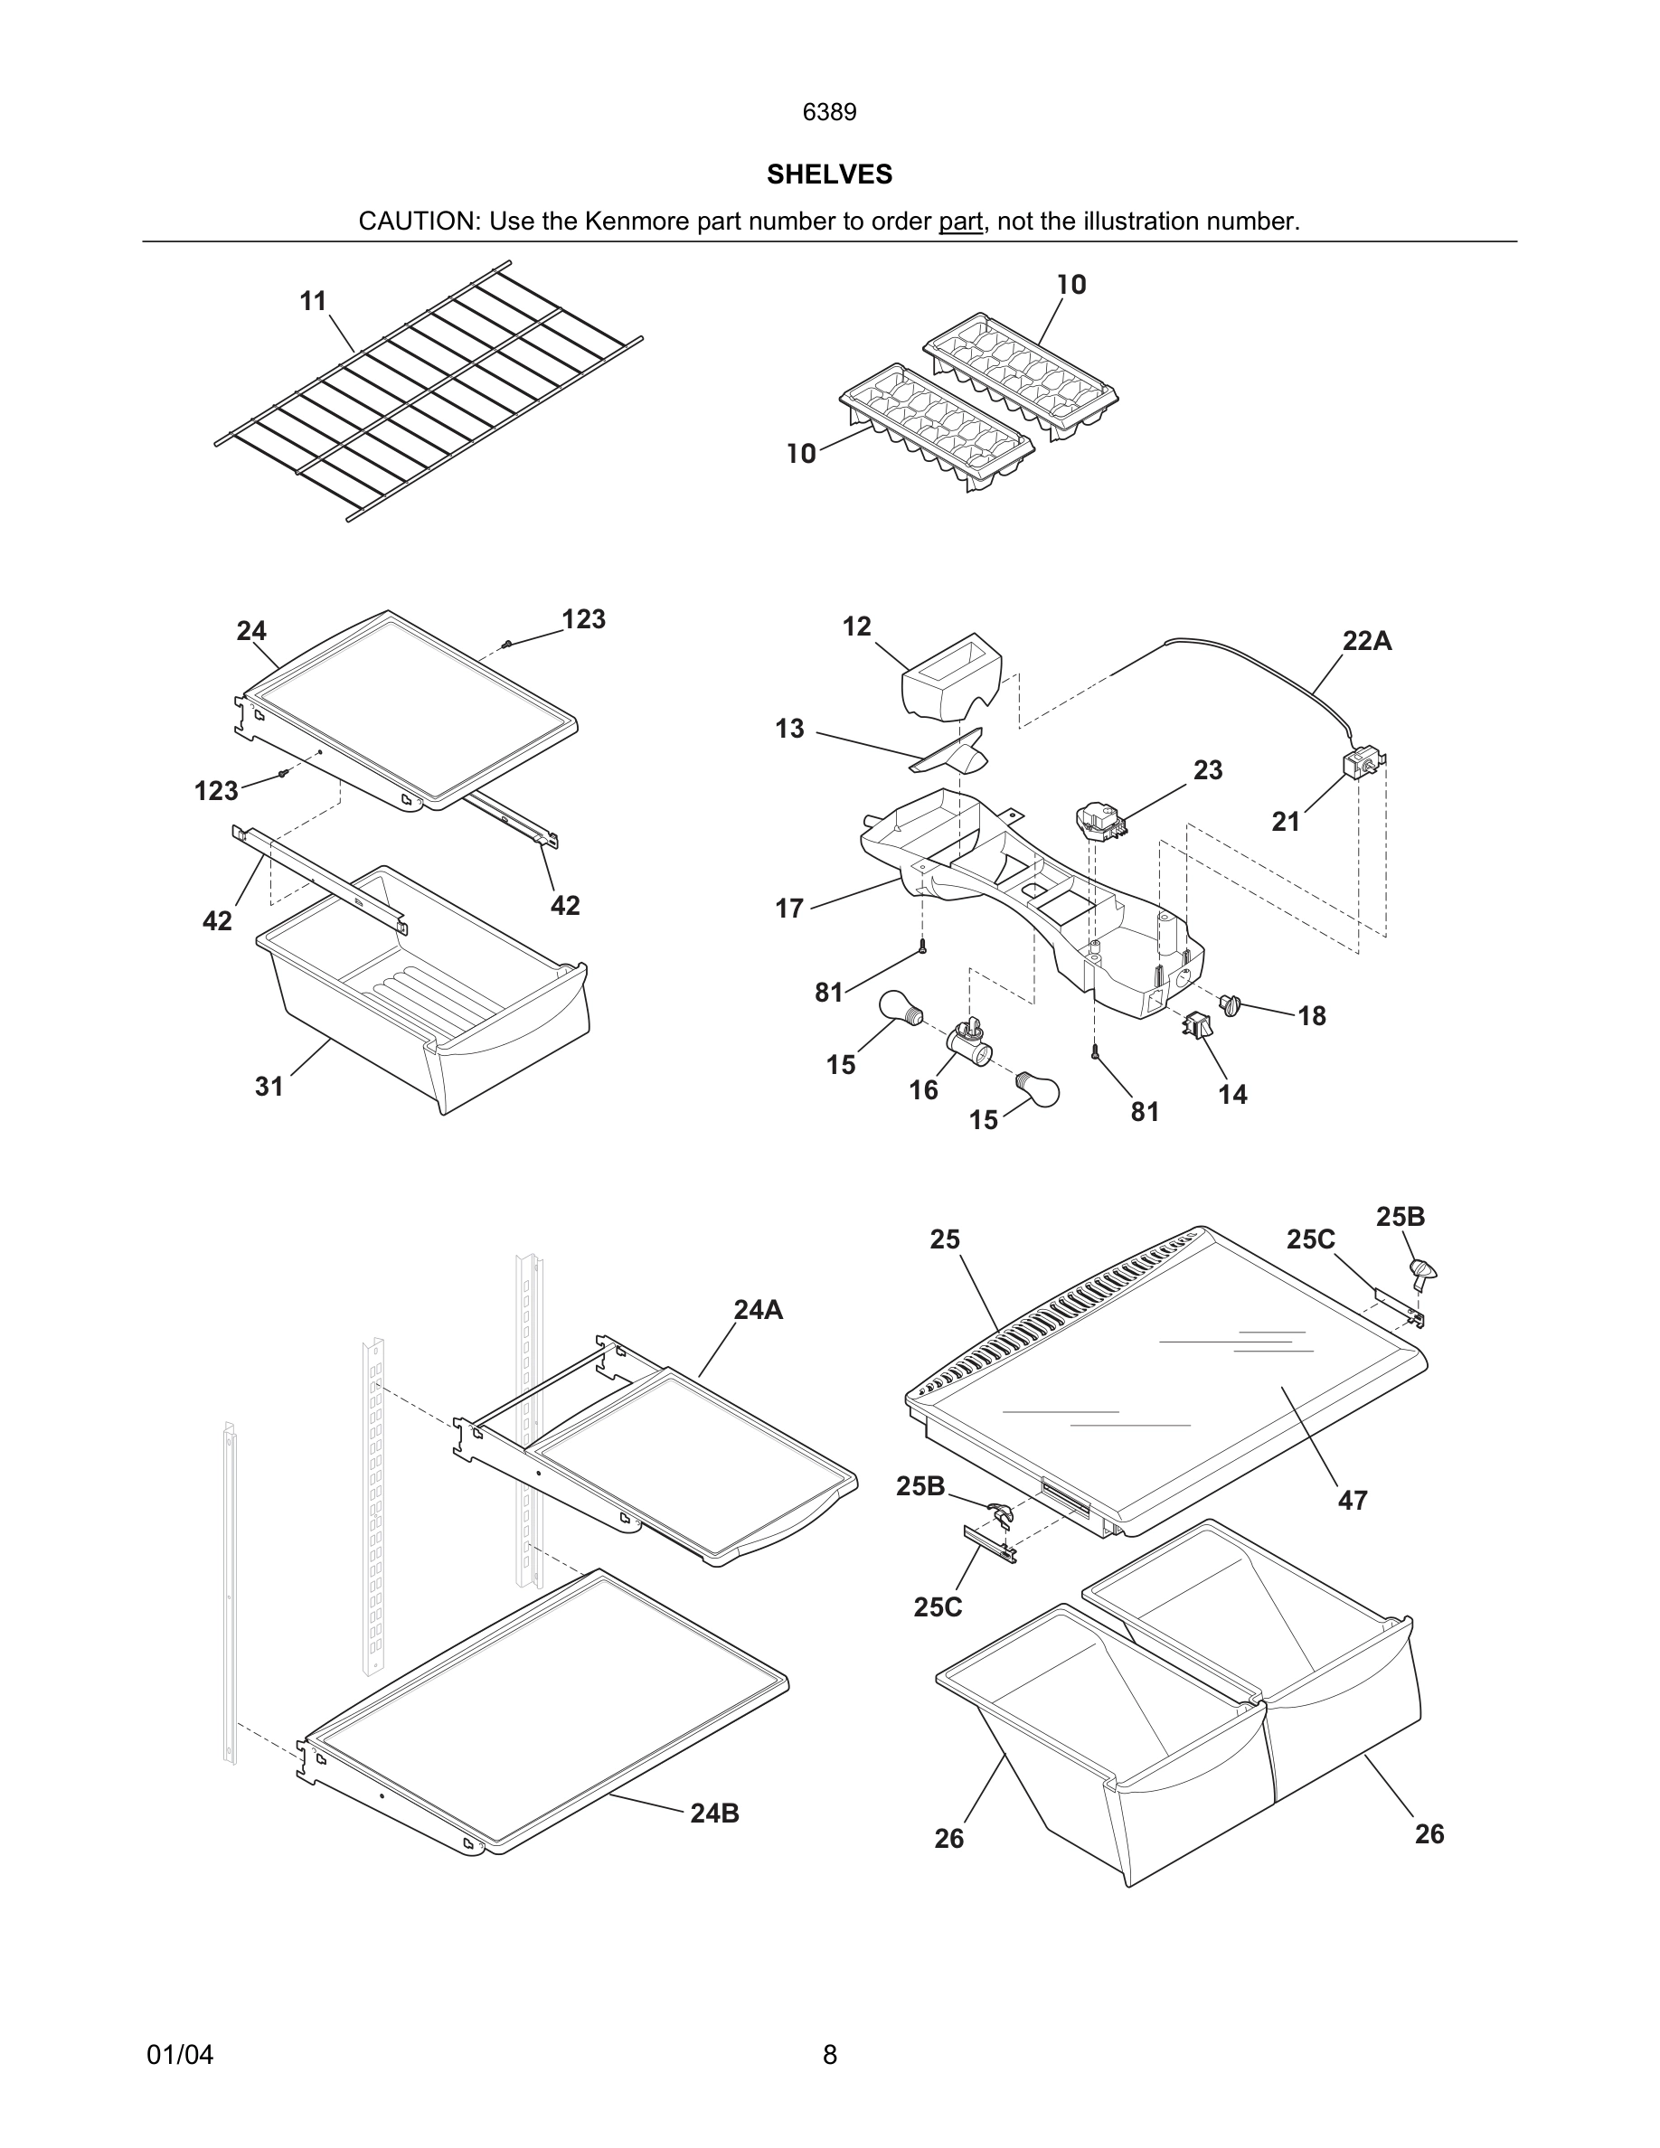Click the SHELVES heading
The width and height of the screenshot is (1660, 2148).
click(829, 174)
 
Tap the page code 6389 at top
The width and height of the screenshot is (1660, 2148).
click(829, 112)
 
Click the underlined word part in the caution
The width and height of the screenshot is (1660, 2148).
click(960, 221)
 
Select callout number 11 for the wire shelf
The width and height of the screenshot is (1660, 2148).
click(313, 301)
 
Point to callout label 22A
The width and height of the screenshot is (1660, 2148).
click(1367, 641)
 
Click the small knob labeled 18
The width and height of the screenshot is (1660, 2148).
click(1231, 1005)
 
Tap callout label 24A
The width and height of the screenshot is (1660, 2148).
click(759, 1310)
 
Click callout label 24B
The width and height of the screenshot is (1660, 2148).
click(714, 1814)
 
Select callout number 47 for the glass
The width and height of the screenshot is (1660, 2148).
click(1353, 1501)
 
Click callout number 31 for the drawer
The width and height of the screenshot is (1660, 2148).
click(269, 1087)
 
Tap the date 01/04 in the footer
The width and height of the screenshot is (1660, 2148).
click(180, 2055)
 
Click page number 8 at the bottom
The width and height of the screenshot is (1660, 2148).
click(829, 2055)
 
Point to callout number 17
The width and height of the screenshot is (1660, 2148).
click(788, 909)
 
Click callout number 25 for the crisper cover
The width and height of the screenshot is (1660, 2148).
click(944, 1240)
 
